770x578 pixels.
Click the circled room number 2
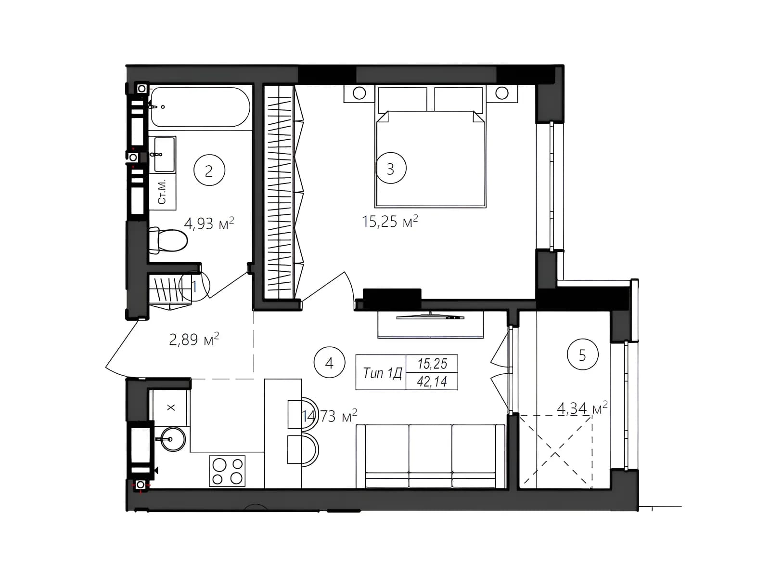tap(209, 171)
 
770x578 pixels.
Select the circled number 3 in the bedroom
tap(390, 168)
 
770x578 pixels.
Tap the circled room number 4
tap(329, 363)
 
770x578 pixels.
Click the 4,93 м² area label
tap(209, 223)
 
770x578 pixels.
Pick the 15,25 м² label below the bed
tap(390, 221)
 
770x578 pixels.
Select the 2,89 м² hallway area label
tap(194, 339)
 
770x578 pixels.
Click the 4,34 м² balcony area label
tap(582, 408)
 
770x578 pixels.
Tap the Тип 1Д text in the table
tap(382, 373)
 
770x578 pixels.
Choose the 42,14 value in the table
tap(432, 381)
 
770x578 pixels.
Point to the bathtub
tap(200, 106)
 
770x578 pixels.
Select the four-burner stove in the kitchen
tap(227, 471)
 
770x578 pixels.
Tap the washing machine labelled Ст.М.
tap(162, 192)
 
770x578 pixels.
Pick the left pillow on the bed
tap(403, 99)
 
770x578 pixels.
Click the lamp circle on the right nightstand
tap(502, 93)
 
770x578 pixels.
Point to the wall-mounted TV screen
tap(430, 317)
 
